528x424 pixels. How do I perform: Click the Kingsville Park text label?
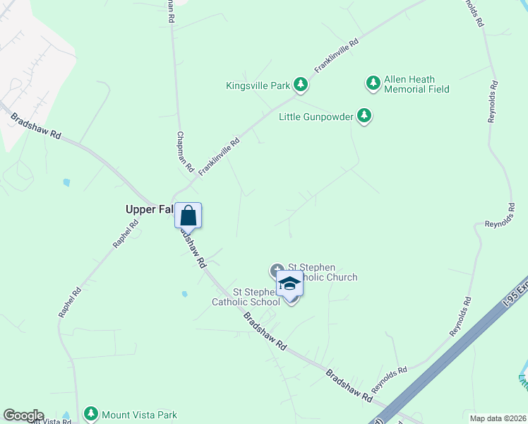point(258,86)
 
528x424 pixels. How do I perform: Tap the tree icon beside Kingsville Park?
point(301,85)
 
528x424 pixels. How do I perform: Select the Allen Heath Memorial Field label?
point(416,84)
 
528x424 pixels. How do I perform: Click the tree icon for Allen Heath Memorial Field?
point(373,83)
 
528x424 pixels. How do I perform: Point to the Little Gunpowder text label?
point(316,117)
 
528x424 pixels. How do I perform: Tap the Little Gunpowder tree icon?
point(364,115)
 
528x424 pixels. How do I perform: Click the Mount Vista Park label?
point(140,415)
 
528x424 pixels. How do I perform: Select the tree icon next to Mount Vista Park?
point(90,413)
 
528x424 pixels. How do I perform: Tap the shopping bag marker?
point(188,215)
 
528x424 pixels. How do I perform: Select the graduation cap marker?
point(289,284)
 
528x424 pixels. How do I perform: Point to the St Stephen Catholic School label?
point(246,297)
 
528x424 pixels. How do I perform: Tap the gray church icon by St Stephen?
point(276,270)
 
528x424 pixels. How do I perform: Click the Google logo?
point(23,416)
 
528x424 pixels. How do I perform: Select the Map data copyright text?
point(497,418)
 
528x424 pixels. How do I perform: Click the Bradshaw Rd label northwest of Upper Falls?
point(37,124)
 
